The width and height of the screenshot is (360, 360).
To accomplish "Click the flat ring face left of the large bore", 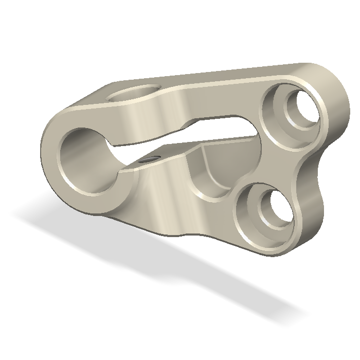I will pyautogui.click(x=51, y=154).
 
